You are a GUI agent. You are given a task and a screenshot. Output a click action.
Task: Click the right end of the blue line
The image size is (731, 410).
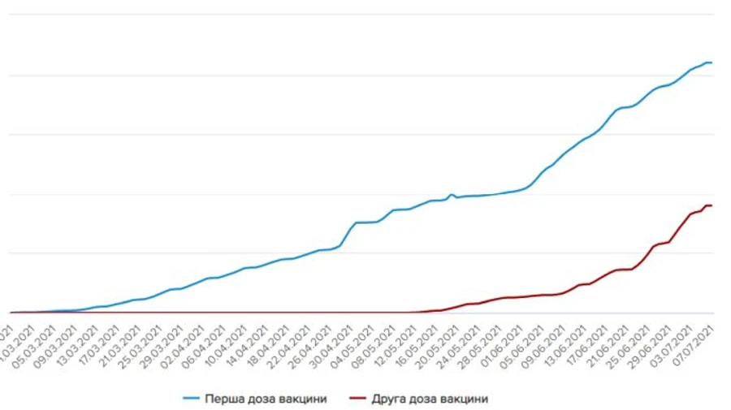click(x=712, y=63)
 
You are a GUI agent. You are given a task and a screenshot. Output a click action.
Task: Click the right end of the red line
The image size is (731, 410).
click(x=712, y=205)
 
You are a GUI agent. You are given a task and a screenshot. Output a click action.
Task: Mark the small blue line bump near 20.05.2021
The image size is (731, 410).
click(x=452, y=195)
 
